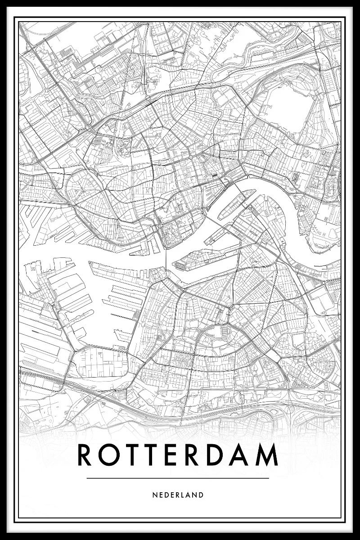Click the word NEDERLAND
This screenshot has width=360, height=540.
[x=178, y=495]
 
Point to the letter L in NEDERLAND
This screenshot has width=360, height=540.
[x=185, y=495]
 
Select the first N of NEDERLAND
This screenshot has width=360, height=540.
[x=154, y=495]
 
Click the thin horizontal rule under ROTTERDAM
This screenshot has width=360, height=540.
[x=178, y=478]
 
